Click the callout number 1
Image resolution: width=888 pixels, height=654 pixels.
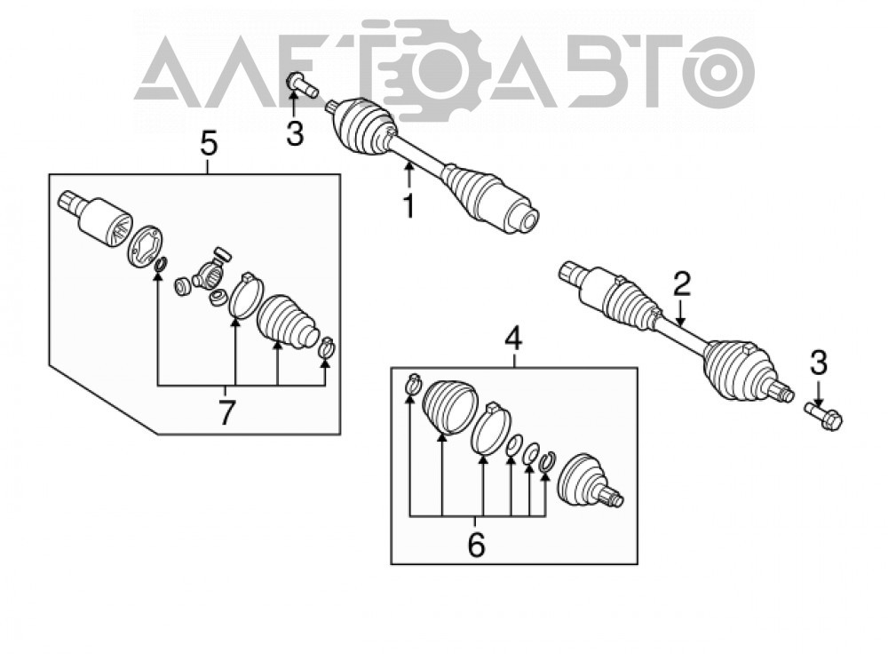coord(408,206)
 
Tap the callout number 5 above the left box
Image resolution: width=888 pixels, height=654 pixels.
coord(209,143)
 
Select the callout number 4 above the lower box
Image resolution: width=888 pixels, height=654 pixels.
coord(513,339)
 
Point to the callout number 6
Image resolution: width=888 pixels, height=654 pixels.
coord(476,546)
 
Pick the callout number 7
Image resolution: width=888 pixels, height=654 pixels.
coord(226,412)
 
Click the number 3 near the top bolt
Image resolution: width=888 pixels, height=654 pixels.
coord(295,134)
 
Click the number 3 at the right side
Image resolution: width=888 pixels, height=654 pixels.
coord(819,363)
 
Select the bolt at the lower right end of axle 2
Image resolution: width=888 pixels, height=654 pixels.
coord(825,415)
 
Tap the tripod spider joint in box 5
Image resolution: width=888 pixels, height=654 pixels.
coord(210,272)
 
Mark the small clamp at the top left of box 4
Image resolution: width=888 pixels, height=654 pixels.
coord(414,384)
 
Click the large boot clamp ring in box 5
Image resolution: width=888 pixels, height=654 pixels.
coord(246,297)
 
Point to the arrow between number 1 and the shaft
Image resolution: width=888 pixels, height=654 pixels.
coord(408,174)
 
